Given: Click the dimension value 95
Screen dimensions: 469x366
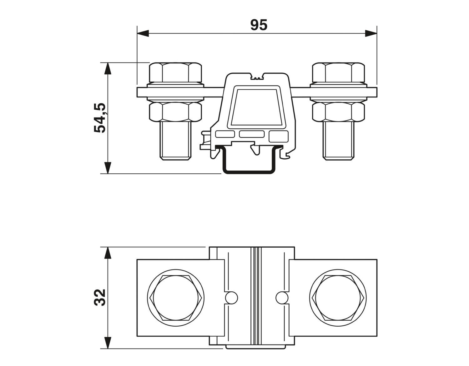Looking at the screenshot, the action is coord(259,25).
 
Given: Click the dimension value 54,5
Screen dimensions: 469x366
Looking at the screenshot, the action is coord(100,118).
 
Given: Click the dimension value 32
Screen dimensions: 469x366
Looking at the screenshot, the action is coord(100,297).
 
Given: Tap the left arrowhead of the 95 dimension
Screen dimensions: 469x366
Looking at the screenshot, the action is coord(143,33).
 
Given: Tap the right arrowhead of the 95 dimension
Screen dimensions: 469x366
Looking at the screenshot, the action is coord(371,33).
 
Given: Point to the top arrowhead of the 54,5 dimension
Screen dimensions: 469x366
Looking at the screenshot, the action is coord(108,68).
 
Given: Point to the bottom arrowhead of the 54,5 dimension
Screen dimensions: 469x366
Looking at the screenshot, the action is coord(108,168).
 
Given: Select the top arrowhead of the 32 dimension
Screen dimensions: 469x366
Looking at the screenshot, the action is coord(108,253).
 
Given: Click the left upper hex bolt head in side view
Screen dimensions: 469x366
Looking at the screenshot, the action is coord(175,72).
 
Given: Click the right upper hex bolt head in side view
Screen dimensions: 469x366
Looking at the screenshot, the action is coord(338,72).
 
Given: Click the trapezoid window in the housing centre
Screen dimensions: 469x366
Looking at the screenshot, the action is coord(257,107).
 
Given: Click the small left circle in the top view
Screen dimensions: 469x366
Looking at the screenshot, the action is coord(231,298).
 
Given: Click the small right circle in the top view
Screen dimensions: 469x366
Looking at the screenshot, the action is coord(282,298).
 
